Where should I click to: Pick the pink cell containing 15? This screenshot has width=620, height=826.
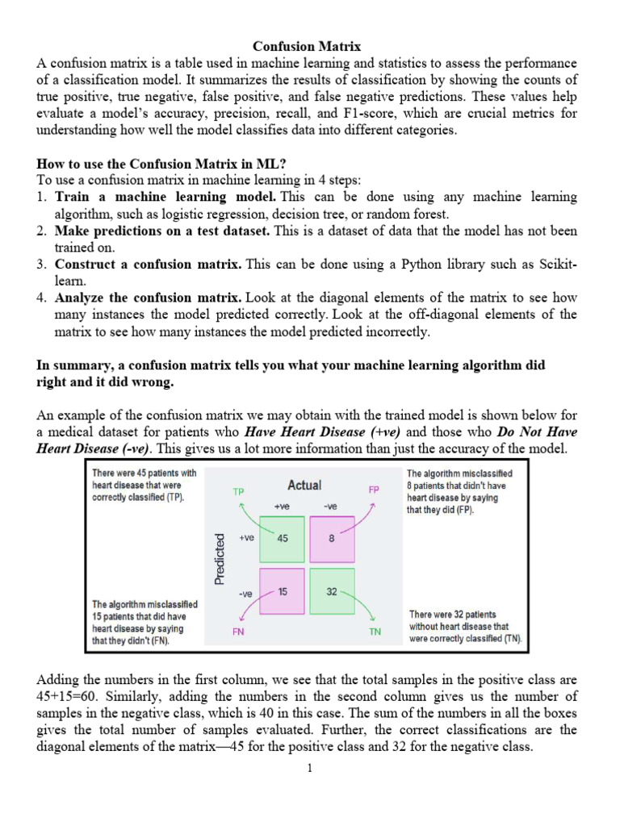click(x=283, y=591)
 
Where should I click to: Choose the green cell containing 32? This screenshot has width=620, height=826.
click(x=332, y=591)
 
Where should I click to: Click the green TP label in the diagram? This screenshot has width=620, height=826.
click(x=238, y=490)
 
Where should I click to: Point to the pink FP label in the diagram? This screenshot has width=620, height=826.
click(x=374, y=490)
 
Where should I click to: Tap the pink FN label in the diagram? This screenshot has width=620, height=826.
click(x=238, y=632)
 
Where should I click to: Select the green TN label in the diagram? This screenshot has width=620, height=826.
click(x=375, y=632)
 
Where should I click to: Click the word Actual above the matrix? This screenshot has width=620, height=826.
click(x=304, y=486)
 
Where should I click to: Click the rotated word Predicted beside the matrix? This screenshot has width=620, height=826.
click(x=219, y=557)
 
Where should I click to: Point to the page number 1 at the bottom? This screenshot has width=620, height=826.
click(x=309, y=768)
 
